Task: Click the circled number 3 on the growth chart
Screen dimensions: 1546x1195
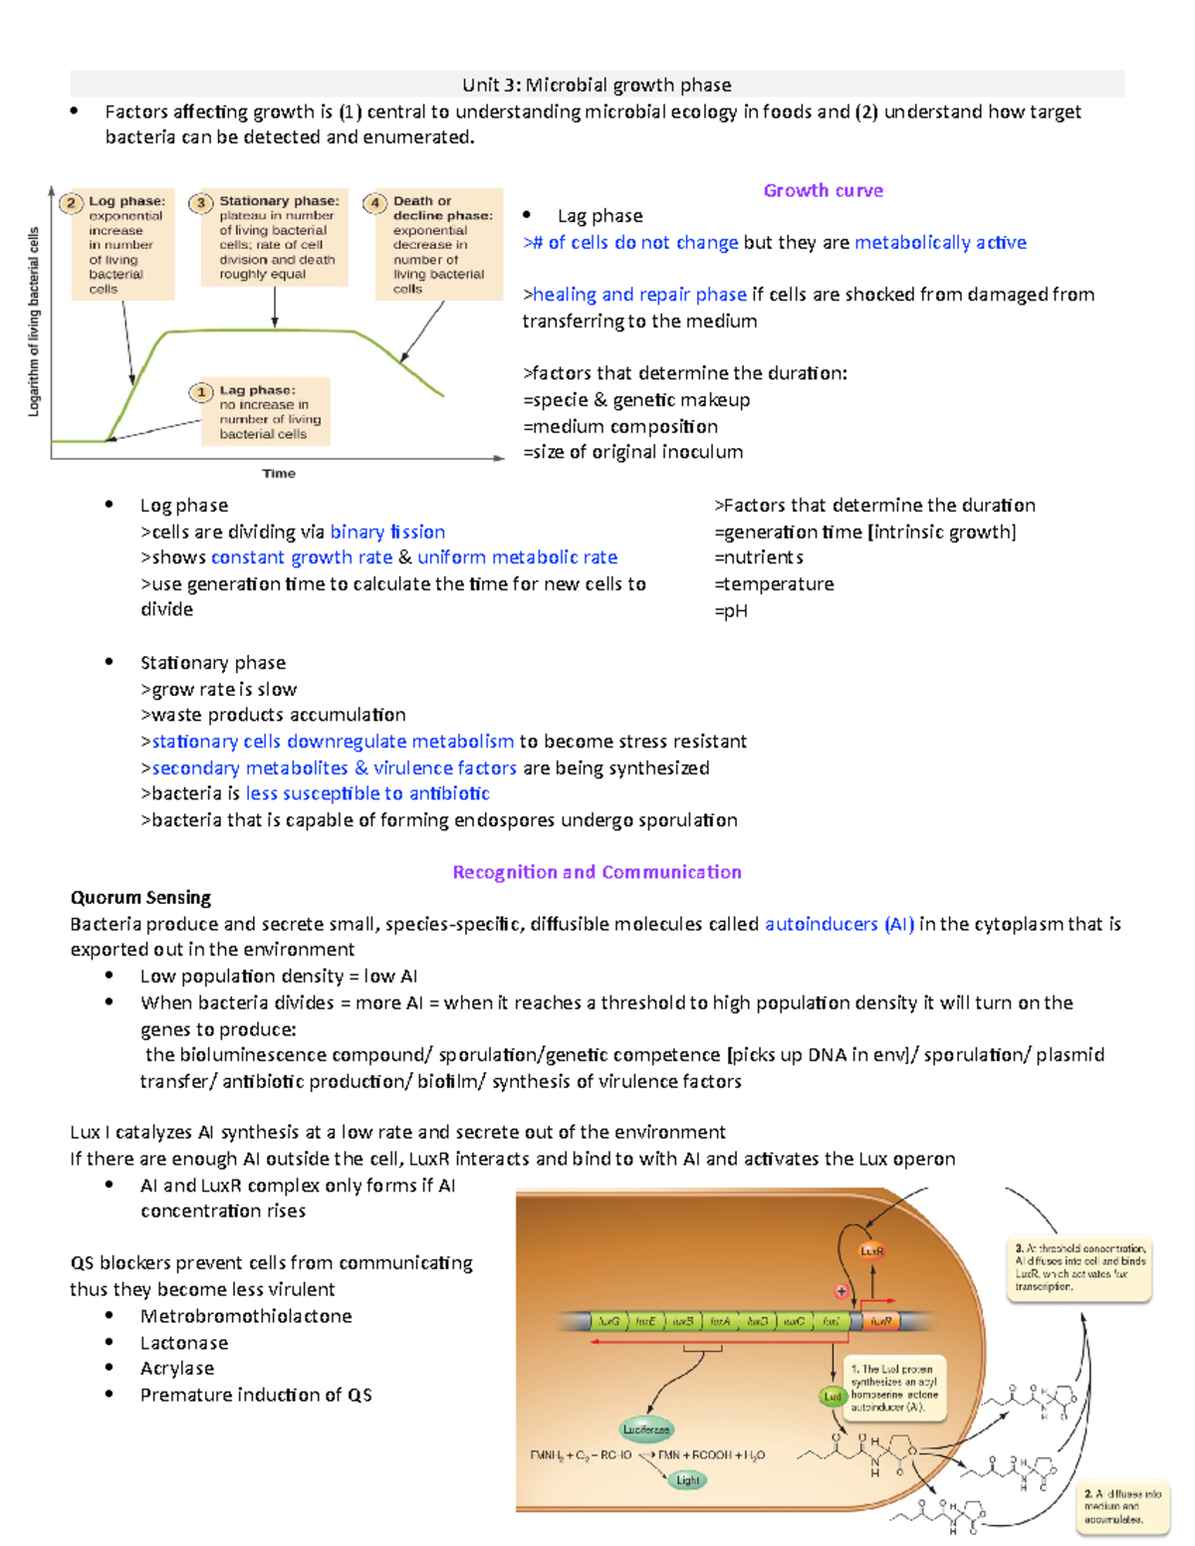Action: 201,203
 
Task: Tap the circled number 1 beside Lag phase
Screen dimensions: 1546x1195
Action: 201,392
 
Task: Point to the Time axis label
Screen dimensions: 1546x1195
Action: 279,474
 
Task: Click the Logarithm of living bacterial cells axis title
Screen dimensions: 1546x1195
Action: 34,322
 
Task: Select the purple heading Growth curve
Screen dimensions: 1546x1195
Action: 823,190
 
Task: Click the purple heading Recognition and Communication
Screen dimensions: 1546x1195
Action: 597,872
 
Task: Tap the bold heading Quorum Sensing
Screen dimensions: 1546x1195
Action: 140,898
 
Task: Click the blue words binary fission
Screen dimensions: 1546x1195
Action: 387,532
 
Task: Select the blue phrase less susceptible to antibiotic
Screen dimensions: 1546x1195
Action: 367,793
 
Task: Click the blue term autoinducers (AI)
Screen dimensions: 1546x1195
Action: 838,924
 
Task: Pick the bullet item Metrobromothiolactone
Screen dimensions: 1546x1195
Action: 246,1316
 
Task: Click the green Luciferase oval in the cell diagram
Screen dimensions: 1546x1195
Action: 646,1430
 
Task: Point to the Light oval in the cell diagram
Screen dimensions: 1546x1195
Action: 687,1480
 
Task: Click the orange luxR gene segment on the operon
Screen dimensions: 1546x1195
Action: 880,1322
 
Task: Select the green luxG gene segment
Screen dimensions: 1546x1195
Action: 608,1322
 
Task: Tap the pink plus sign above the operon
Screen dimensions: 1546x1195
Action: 841,1291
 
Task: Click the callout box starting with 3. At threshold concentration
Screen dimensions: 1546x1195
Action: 1080,1267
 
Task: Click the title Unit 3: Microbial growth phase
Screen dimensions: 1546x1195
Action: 597,85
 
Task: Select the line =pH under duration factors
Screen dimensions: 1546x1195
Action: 731,611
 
